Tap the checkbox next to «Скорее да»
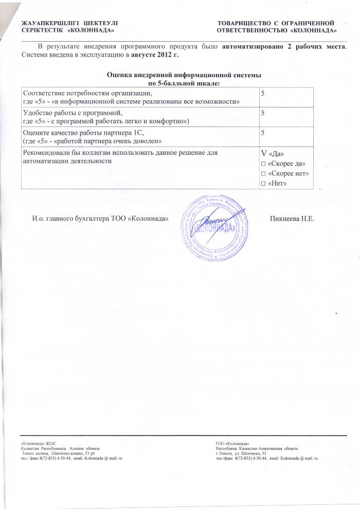point(264,163)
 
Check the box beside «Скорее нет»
point(264,173)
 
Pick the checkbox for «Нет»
point(264,184)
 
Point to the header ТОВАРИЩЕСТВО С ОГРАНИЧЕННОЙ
point(276,24)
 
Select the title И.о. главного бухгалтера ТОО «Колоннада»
point(101,219)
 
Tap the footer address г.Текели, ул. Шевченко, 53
point(241,453)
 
